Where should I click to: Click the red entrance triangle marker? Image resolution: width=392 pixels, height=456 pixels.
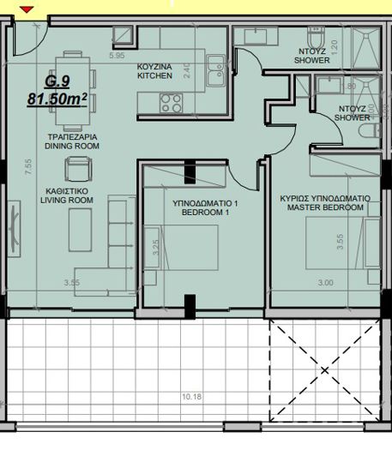click(27, 9)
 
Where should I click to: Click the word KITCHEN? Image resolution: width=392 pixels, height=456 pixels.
click(154, 76)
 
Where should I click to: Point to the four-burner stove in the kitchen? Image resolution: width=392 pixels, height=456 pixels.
click(172, 103)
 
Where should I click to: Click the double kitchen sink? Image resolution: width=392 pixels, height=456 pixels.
click(214, 63)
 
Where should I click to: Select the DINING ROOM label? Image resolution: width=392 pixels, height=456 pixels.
click(72, 147)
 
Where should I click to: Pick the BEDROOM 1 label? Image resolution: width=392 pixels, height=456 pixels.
click(205, 214)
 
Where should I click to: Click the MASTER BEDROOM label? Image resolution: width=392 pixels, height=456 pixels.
click(325, 207)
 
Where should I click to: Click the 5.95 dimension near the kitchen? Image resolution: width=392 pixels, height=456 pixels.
click(117, 55)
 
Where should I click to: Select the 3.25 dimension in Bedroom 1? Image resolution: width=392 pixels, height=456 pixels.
click(154, 249)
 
